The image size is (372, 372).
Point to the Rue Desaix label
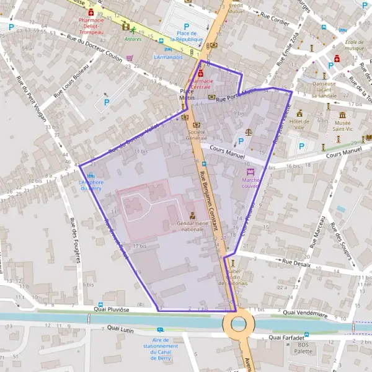(x=296, y=262)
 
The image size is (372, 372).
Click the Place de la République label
(x=187, y=37)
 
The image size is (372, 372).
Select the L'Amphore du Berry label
(x=91, y=185)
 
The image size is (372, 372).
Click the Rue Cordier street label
(x=275, y=19)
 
